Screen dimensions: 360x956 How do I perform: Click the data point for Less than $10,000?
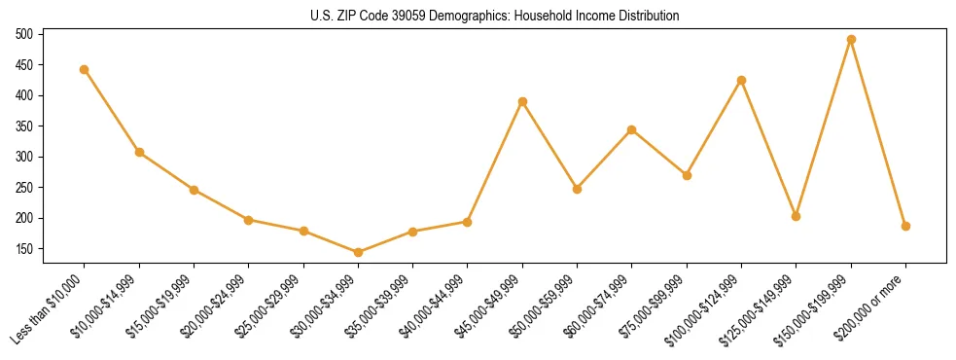85,69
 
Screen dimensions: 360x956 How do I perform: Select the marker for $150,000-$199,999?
851,40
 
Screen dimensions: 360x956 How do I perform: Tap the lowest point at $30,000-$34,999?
358,252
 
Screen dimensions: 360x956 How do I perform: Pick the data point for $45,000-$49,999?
522,101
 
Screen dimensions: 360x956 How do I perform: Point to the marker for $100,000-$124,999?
741,80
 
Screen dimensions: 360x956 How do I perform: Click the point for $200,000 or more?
905,226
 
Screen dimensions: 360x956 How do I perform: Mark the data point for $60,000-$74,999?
632,129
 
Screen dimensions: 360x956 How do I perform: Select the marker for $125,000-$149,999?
797,216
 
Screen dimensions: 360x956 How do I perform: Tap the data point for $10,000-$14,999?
139,152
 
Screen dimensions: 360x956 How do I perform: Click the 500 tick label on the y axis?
24,34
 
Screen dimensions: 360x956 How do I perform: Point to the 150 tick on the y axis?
24,249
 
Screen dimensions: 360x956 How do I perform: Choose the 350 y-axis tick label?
24,126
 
